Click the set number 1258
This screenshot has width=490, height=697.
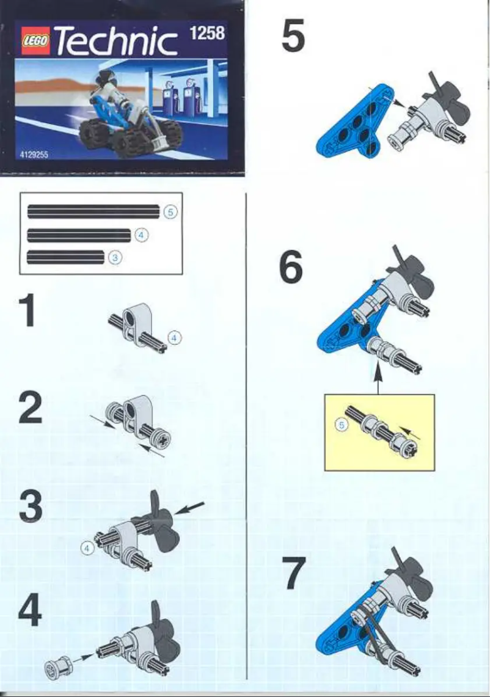(x=208, y=32)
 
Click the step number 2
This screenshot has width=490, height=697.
(x=31, y=409)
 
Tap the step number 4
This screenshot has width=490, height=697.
(x=31, y=610)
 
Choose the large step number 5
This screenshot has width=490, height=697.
(x=293, y=36)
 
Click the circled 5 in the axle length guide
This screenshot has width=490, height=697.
(x=170, y=212)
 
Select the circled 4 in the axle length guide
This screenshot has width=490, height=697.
(x=141, y=235)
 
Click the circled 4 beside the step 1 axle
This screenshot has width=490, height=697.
(x=174, y=337)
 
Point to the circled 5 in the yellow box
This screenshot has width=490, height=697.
(x=342, y=425)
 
